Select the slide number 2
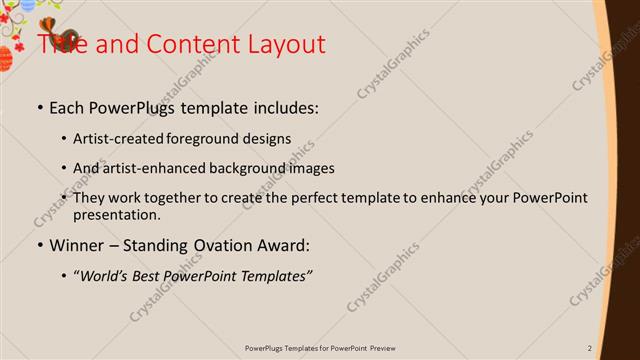click(590, 348)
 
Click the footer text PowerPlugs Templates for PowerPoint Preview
click(320, 348)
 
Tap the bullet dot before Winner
click(40, 244)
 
